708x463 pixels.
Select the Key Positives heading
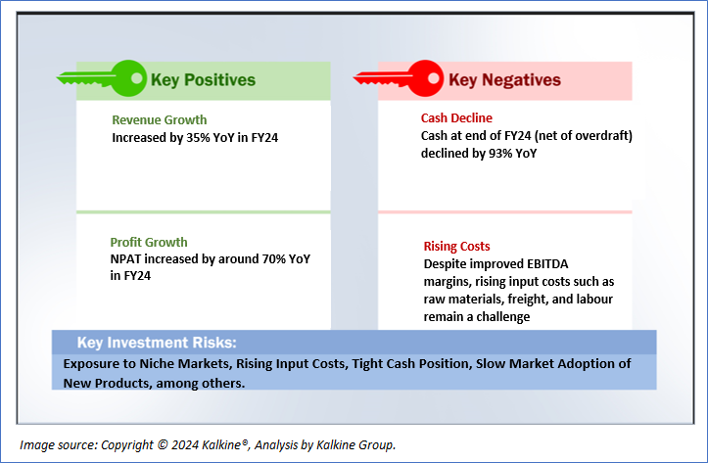(203, 80)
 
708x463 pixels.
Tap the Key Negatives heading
(504, 80)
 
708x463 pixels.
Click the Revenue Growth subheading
(160, 120)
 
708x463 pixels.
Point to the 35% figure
(197, 138)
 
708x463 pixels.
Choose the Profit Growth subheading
(149, 243)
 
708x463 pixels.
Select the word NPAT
(125, 259)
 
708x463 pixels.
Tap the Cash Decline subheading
(456, 117)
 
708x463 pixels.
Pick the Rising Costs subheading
(456, 247)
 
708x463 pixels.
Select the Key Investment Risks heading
(157, 343)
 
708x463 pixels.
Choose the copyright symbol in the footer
(163, 445)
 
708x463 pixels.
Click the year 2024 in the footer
(185, 445)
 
